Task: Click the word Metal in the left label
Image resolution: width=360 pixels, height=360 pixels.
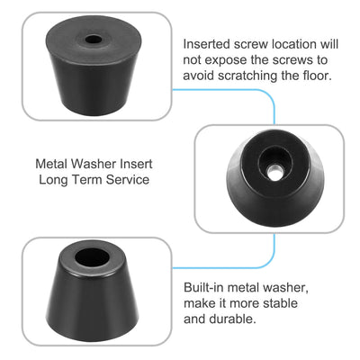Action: [x=52, y=165]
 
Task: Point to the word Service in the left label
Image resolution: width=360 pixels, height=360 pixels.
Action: [x=126, y=181]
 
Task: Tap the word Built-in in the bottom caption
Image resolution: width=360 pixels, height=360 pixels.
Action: [x=204, y=286]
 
